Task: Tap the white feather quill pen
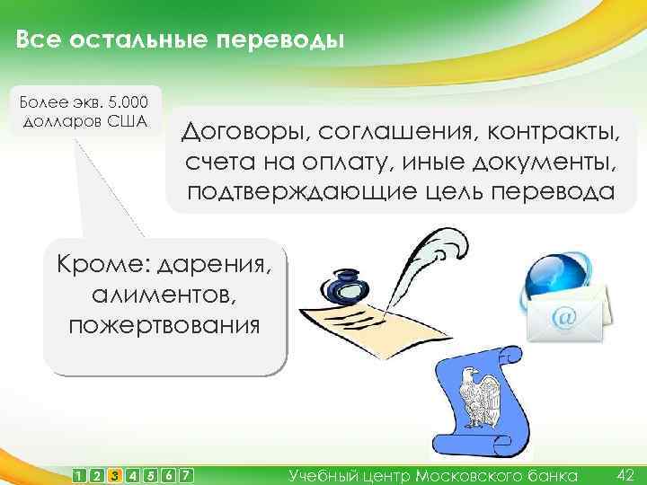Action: point(431,260)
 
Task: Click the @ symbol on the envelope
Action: point(565,316)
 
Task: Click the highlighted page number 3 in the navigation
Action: point(114,475)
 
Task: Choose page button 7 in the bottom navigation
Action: point(186,475)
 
